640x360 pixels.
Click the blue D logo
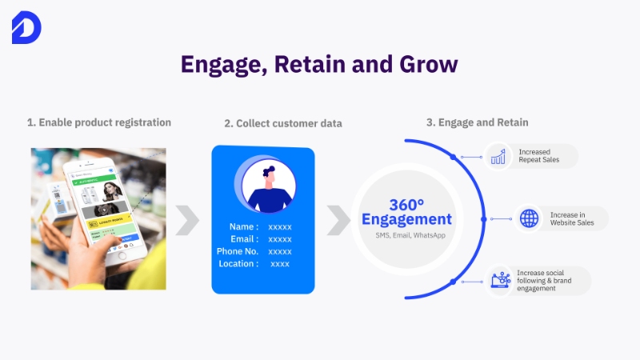[x=26, y=29]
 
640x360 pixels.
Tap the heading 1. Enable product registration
[x=99, y=122]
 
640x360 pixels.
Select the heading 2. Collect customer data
[x=283, y=123]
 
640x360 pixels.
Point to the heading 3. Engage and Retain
[x=477, y=122]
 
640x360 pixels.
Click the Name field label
[x=243, y=226]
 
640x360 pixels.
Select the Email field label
[x=243, y=239]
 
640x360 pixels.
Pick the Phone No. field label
[x=237, y=251]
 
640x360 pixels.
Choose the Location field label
[x=238, y=263]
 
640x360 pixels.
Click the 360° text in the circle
[x=406, y=204]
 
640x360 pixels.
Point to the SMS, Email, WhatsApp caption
[x=406, y=236]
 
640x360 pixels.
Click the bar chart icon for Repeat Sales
[x=499, y=156]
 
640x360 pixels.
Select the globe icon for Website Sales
[x=528, y=218]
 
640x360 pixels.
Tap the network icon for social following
[x=501, y=280]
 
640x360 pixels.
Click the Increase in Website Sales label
[x=572, y=219]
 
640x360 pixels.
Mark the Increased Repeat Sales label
[x=538, y=156]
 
